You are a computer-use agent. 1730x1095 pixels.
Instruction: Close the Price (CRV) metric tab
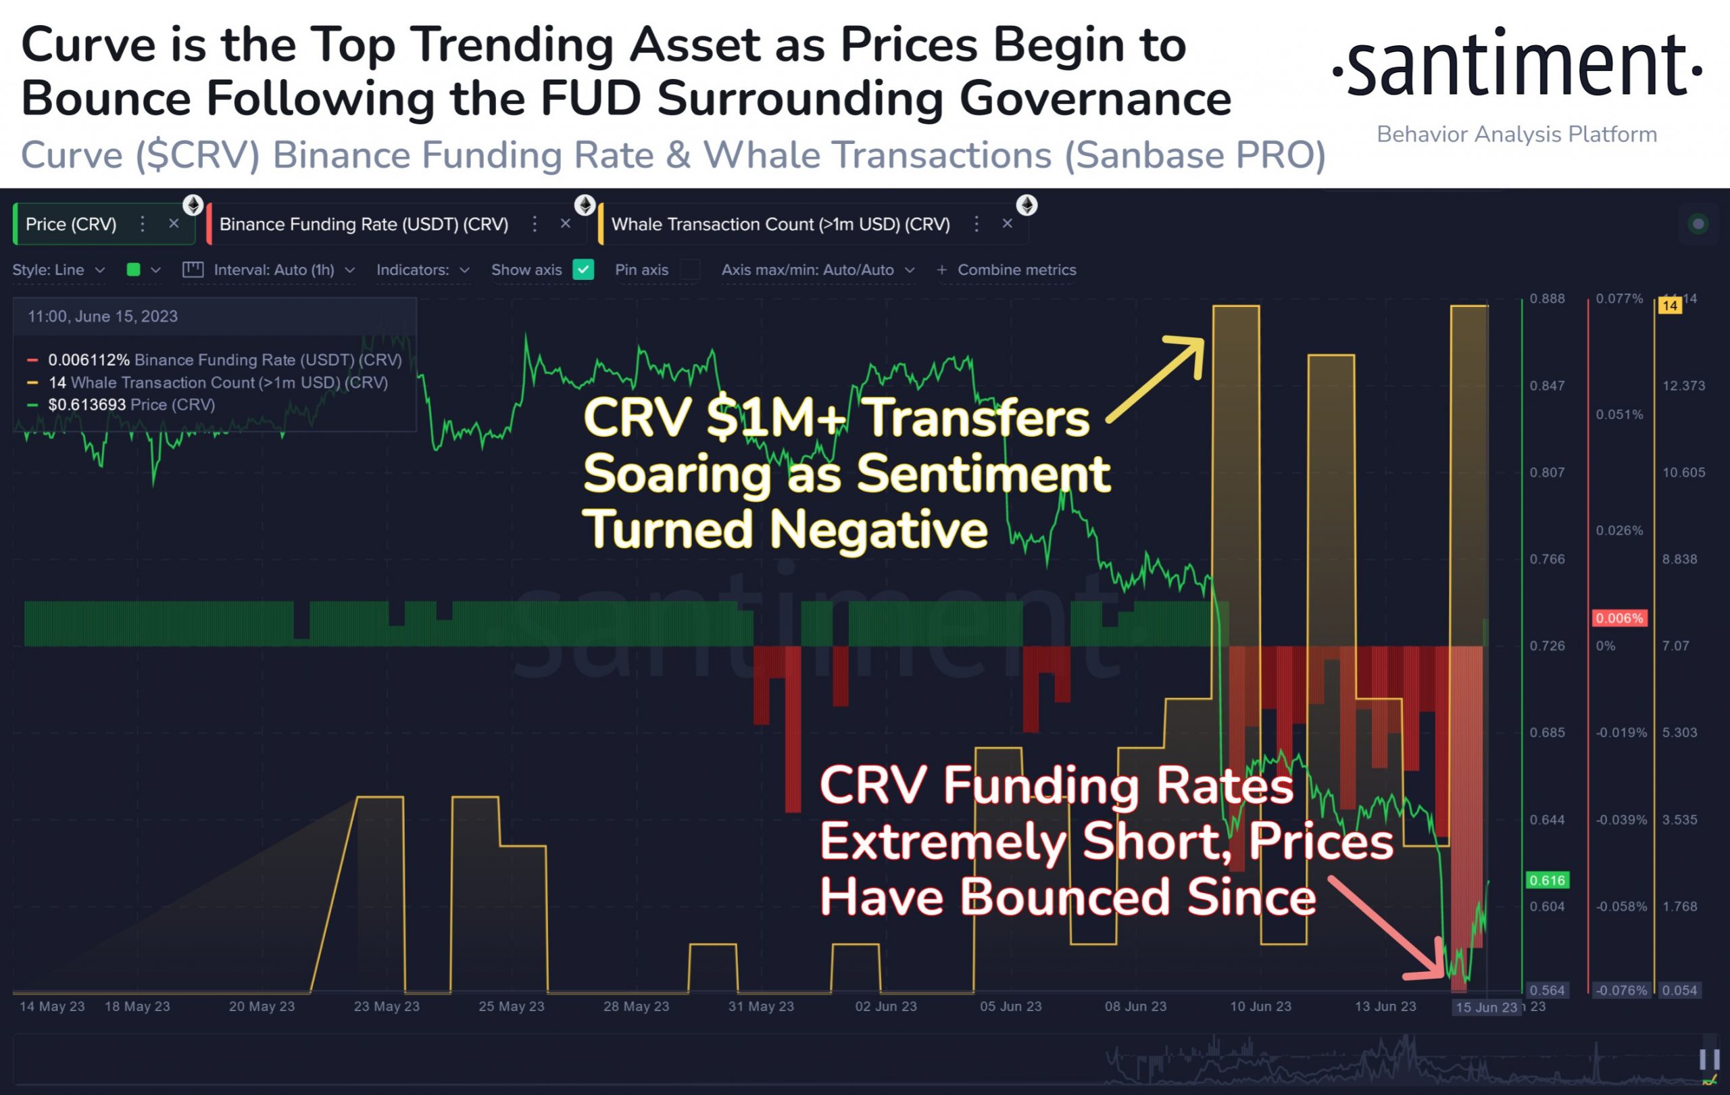[x=174, y=224]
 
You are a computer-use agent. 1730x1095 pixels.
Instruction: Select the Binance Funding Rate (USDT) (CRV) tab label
[x=364, y=224]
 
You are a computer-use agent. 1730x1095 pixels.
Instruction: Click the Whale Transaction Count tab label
[x=781, y=224]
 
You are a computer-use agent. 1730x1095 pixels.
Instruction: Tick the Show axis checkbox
[x=583, y=270]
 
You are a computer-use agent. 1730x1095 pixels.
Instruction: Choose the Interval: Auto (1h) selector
[x=274, y=270]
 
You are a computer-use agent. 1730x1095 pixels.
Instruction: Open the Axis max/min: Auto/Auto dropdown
[x=818, y=270]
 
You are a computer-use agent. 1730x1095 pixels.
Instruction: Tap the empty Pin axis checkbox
[x=690, y=270]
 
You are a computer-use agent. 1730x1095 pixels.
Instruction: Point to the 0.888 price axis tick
[x=1547, y=299]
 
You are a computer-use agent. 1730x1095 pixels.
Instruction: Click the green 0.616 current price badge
[x=1547, y=880]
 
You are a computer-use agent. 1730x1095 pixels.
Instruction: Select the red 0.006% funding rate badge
[x=1618, y=618]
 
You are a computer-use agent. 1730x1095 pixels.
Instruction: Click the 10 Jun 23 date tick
[x=1260, y=1006]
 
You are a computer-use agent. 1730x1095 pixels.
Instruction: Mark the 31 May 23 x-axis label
[x=761, y=1006]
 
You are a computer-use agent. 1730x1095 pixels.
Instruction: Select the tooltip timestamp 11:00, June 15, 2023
[x=103, y=317]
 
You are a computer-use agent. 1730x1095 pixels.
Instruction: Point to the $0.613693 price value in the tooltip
[x=87, y=404]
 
